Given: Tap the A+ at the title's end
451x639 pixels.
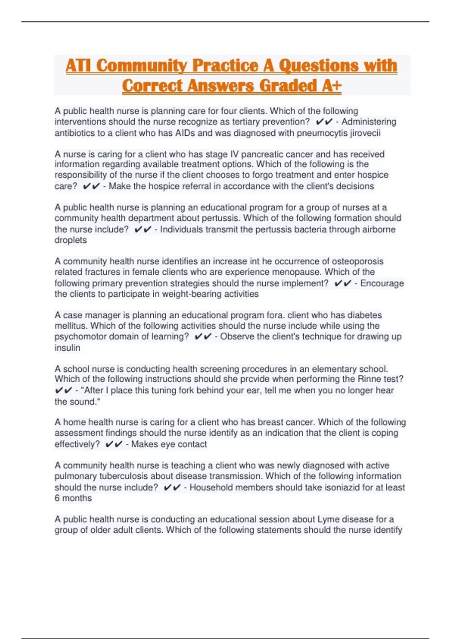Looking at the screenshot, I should [x=331, y=86].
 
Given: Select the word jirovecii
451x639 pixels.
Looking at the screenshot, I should [x=365, y=133].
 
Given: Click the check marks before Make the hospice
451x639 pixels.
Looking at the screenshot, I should [x=91, y=186].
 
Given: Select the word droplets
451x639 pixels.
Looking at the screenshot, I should [x=71, y=240].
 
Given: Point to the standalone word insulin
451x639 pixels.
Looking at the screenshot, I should [x=67, y=348].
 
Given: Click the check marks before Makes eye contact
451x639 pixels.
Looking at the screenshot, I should [x=114, y=444].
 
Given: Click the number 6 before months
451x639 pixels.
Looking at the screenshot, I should [x=57, y=498].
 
